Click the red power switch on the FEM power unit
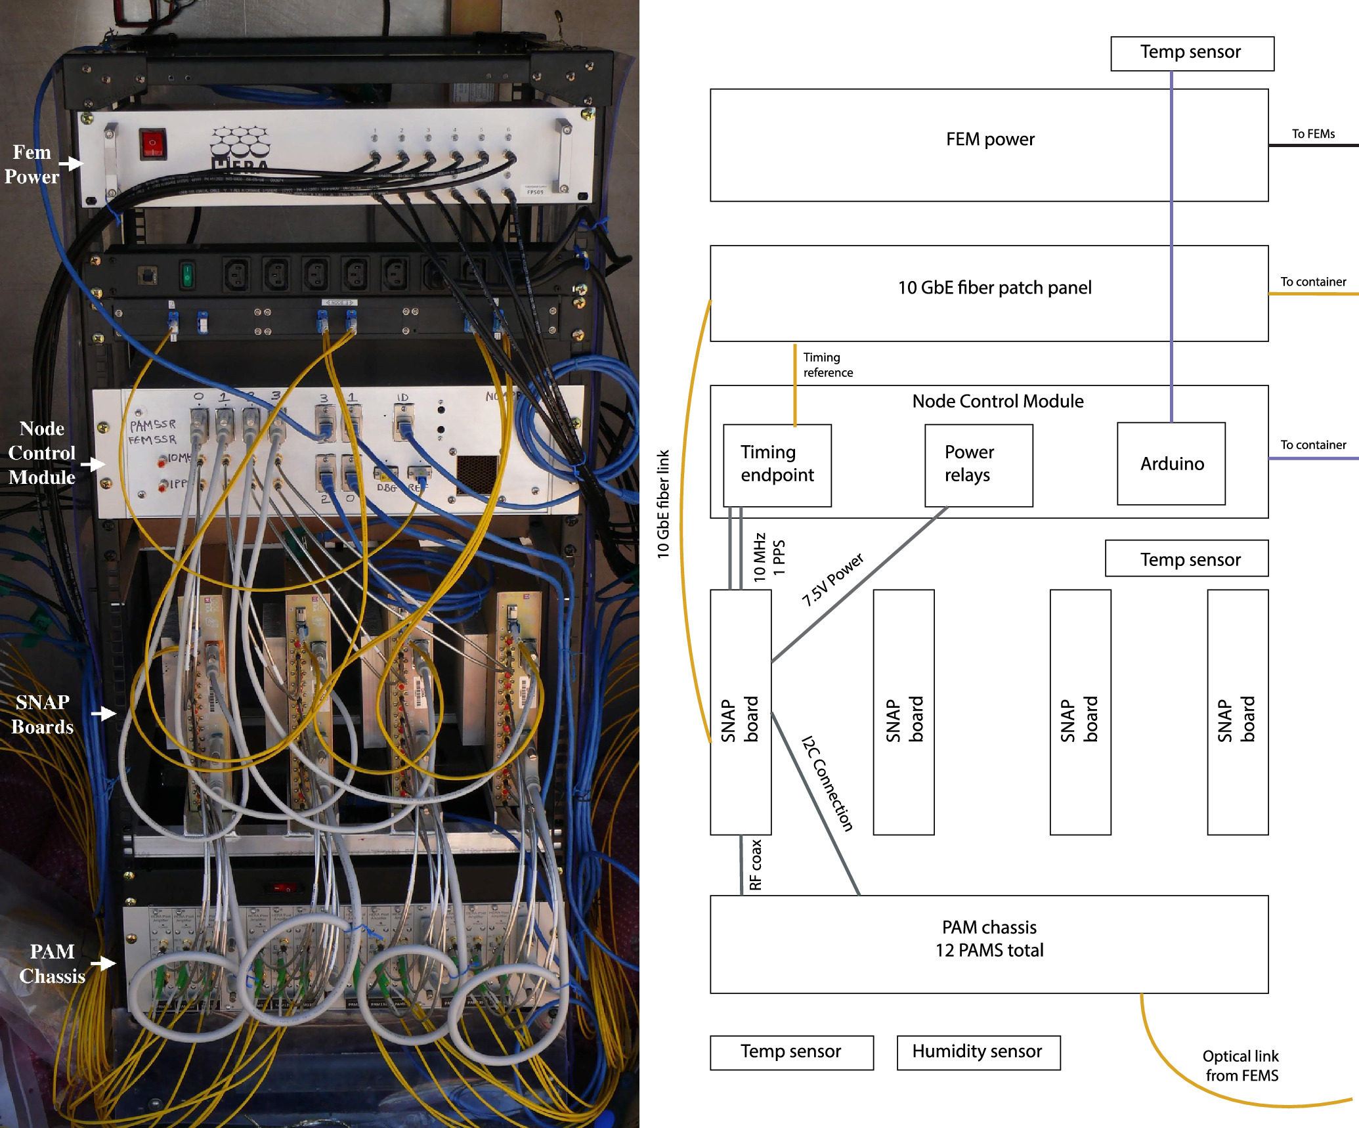point(152,144)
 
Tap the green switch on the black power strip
point(187,274)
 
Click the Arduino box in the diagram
point(1171,464)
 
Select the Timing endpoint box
point(777,465)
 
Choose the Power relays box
point(978,465)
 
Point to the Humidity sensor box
point(978,1052)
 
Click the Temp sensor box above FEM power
point(1192,53)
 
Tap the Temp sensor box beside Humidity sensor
point(791,1052)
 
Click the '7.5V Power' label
point(832,578)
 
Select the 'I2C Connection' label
point(828,783)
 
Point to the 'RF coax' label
point(756,865)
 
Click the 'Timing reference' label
point(827,365)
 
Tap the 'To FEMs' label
point(1313,134)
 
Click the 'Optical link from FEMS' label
point(1241,1066)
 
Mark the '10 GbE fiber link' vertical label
point(663,504)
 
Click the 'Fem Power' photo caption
point(32,165)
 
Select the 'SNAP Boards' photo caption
point(43,715)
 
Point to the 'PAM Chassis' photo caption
point(53,964)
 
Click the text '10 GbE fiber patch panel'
point(994,288)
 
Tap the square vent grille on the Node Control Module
point(477,473)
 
